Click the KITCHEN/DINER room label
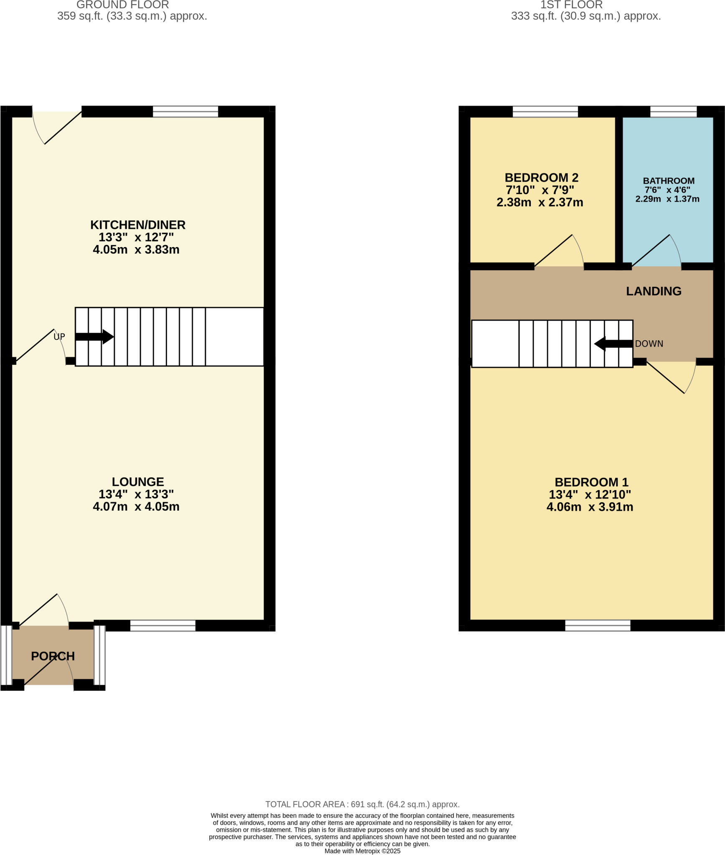click(138, 225)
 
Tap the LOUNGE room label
click(138, 482)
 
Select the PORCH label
click(53, 656)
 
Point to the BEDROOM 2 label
click(541, 178)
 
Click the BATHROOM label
click(668, 181)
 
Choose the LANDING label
click(654, 291)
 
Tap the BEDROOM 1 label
click(591, 482)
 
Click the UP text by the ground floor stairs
click(59, 336)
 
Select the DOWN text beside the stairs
click(649, 344)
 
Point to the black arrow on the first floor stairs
click(613, 344)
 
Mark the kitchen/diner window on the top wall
click(185, 111)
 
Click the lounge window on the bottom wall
click(163, 625)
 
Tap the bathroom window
click(673, 111)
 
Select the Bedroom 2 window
click(545, 111)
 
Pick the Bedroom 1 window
click(598, 625)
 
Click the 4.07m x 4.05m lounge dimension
click(136, 506)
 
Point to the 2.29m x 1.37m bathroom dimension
click(667, 199)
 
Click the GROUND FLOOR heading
click(123, 5)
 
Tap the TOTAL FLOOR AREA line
click(362, 804)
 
